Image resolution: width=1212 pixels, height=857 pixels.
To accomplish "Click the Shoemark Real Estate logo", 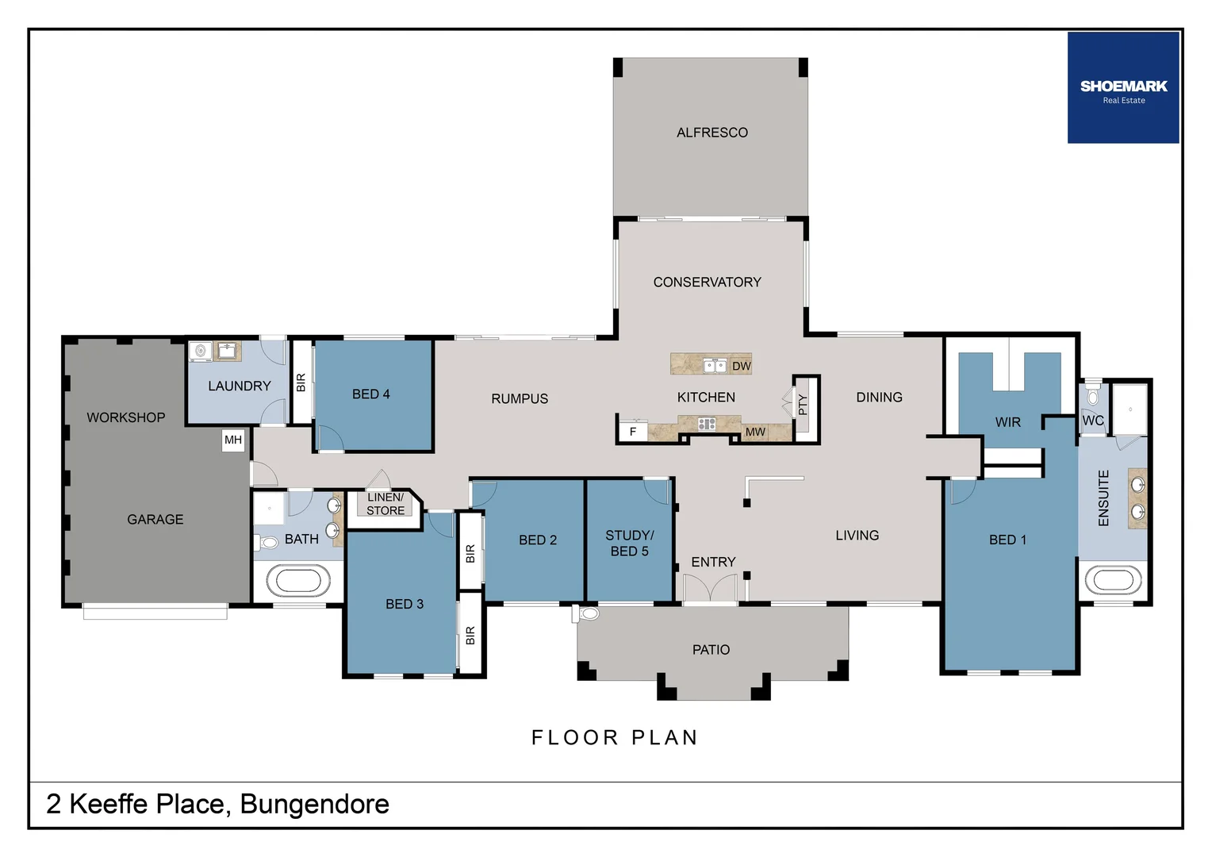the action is [1123, 88].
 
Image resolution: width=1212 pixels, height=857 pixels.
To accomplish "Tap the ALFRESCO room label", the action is [712, 133].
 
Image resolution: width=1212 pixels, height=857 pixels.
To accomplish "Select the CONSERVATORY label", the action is [708, 282].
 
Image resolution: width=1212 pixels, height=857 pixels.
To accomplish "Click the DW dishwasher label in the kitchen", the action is [742, 366].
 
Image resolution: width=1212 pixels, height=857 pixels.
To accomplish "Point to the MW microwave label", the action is [755, 432].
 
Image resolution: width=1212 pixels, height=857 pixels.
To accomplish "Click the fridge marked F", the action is [633, 432].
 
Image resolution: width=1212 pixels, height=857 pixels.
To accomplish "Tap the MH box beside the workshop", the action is [233, 440].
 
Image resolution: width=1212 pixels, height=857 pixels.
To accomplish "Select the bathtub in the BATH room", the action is [298, 581].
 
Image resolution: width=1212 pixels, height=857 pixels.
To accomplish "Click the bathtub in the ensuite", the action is [1113, 580].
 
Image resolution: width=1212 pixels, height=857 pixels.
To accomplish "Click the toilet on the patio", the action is [585, 613].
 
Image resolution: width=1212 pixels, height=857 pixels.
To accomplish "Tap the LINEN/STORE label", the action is [385, 504].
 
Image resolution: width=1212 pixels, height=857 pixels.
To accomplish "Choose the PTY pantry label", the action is [803, 405].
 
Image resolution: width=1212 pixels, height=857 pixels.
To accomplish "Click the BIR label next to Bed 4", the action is [301, 382].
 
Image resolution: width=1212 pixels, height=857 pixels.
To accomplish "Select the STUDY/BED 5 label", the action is [629, 543].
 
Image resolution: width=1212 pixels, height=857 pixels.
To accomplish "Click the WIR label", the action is [1007, 422].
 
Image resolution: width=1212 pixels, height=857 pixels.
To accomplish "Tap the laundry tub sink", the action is [228, 352].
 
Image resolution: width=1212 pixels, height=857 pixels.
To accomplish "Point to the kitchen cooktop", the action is [706, 424].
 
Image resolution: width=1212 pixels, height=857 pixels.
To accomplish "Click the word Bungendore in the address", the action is [314, 805].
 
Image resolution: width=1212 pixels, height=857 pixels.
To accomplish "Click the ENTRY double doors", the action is [710, 589].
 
